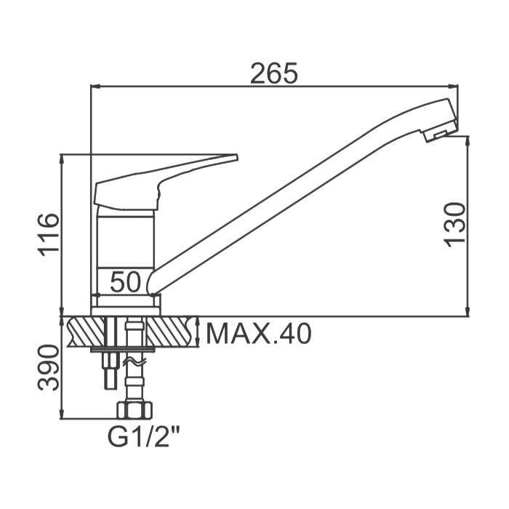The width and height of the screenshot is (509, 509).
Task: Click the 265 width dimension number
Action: tap(274, 73)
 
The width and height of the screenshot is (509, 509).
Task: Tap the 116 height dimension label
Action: tap(49, 235)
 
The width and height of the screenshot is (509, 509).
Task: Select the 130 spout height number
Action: tap(454, 225)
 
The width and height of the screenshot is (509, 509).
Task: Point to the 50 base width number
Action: tap(126, 282)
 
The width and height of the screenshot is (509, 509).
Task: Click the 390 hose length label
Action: tap(49, 368)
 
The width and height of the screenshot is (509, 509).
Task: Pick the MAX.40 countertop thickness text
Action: tap(259, 334)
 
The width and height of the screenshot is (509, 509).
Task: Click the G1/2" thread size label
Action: tap(144, 438)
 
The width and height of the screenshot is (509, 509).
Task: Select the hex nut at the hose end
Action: tap(135, 410)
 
